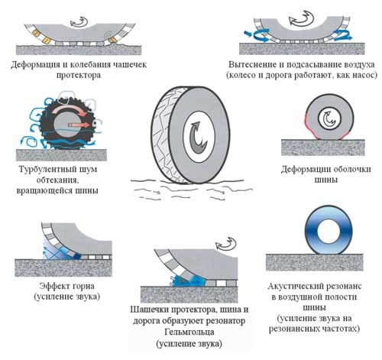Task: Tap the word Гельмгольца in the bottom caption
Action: [189, 332]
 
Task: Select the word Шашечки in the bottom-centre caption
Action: [150, 310]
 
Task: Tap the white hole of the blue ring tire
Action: [329, 231]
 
